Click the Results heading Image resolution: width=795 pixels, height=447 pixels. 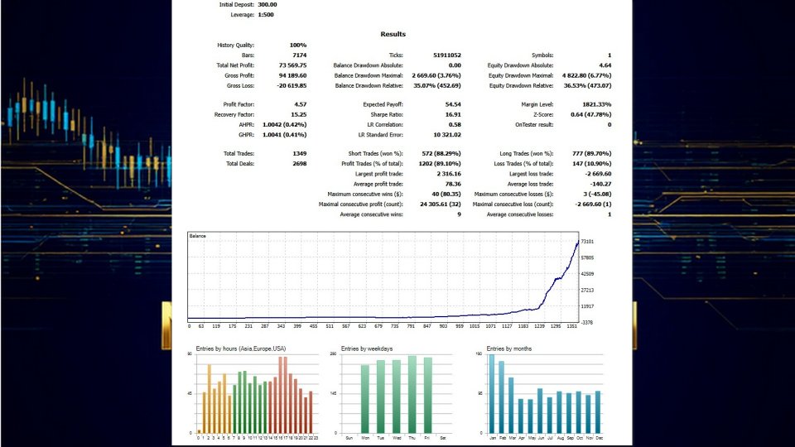click(x=393, y=34)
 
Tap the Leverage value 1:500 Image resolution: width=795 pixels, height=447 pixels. click(x=266, y=15)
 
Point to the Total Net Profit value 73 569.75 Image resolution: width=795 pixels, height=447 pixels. click(x=292, y=65)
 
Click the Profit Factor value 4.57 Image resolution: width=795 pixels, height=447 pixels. click(x=300, y=104)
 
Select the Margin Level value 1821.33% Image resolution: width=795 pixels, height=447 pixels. click(x=596, y=104)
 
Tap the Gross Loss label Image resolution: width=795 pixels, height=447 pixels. click(x=240, y=84)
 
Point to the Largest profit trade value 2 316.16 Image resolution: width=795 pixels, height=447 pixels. click(x=445, y=174)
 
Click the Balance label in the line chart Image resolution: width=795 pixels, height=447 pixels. click(x=198, y=236)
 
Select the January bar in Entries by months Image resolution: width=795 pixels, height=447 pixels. click(x=491, y=393)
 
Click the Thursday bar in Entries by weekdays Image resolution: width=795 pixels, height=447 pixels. click(x=412, y=394)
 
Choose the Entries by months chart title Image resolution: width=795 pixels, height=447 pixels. click(x=509, y=348)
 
